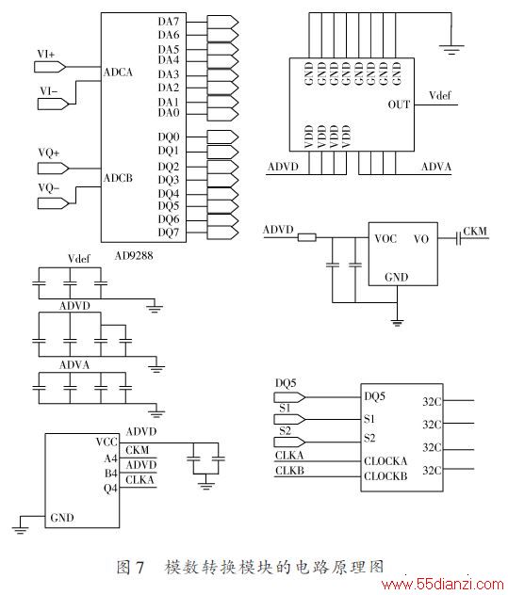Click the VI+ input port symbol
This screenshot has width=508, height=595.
click(50, 67)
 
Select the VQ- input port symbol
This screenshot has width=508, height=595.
click(53, 203)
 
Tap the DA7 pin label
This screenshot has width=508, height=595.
click(169, 22)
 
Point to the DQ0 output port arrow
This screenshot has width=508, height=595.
click(222, 137)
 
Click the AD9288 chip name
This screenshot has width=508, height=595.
click(134, 256)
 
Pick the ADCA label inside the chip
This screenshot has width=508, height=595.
click(118, 72)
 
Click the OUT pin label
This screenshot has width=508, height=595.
click(399, 105)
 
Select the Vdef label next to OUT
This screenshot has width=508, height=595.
click(440, 95)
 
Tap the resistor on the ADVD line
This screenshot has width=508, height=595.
click(306, 237)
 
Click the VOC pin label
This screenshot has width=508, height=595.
click(385, 239)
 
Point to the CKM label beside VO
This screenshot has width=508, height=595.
click(475, 231)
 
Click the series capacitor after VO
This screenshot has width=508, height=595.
click(458, 238)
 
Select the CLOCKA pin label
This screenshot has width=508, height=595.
click(385, 461)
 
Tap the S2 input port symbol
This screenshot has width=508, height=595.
click(289, 442)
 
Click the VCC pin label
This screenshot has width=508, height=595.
click(107, 442)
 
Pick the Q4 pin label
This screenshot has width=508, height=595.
click(110, 488)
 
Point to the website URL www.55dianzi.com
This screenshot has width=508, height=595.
click(443, 585)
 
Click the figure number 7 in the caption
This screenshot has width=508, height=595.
click(139, 568)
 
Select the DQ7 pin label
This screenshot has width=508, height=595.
click(169, 233)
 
